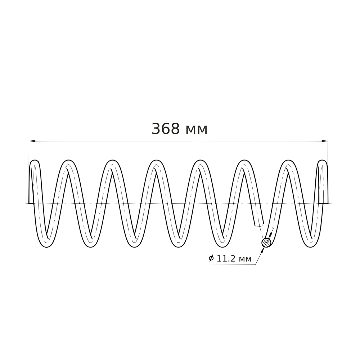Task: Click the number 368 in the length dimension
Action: [165, 129]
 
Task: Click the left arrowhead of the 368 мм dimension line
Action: [32, 141]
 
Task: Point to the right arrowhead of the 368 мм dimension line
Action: [325, 141]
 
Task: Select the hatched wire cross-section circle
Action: [266, 243]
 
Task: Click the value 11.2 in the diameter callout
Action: [226, 259]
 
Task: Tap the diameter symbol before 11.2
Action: [211, 259]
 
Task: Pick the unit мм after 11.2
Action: [245, 260]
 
